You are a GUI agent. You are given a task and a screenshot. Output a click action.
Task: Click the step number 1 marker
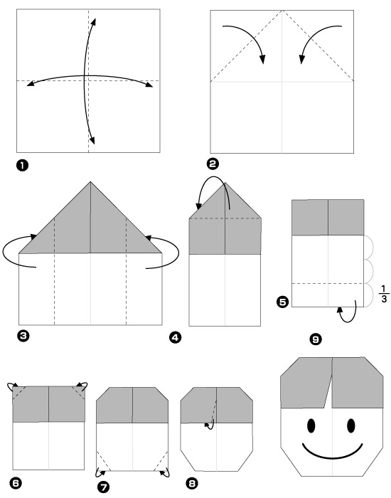[x=23, y=166]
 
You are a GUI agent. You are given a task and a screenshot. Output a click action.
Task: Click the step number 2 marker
[x=212, y=163]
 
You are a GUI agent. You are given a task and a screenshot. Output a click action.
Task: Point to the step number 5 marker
[x=282, y=302]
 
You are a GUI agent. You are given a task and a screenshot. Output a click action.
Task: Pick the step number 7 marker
[x=101, y=487]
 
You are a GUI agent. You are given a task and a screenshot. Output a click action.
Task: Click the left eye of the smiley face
[x=311, y=425]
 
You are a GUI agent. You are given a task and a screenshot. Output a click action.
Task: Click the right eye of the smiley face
[x=351, y=425]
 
